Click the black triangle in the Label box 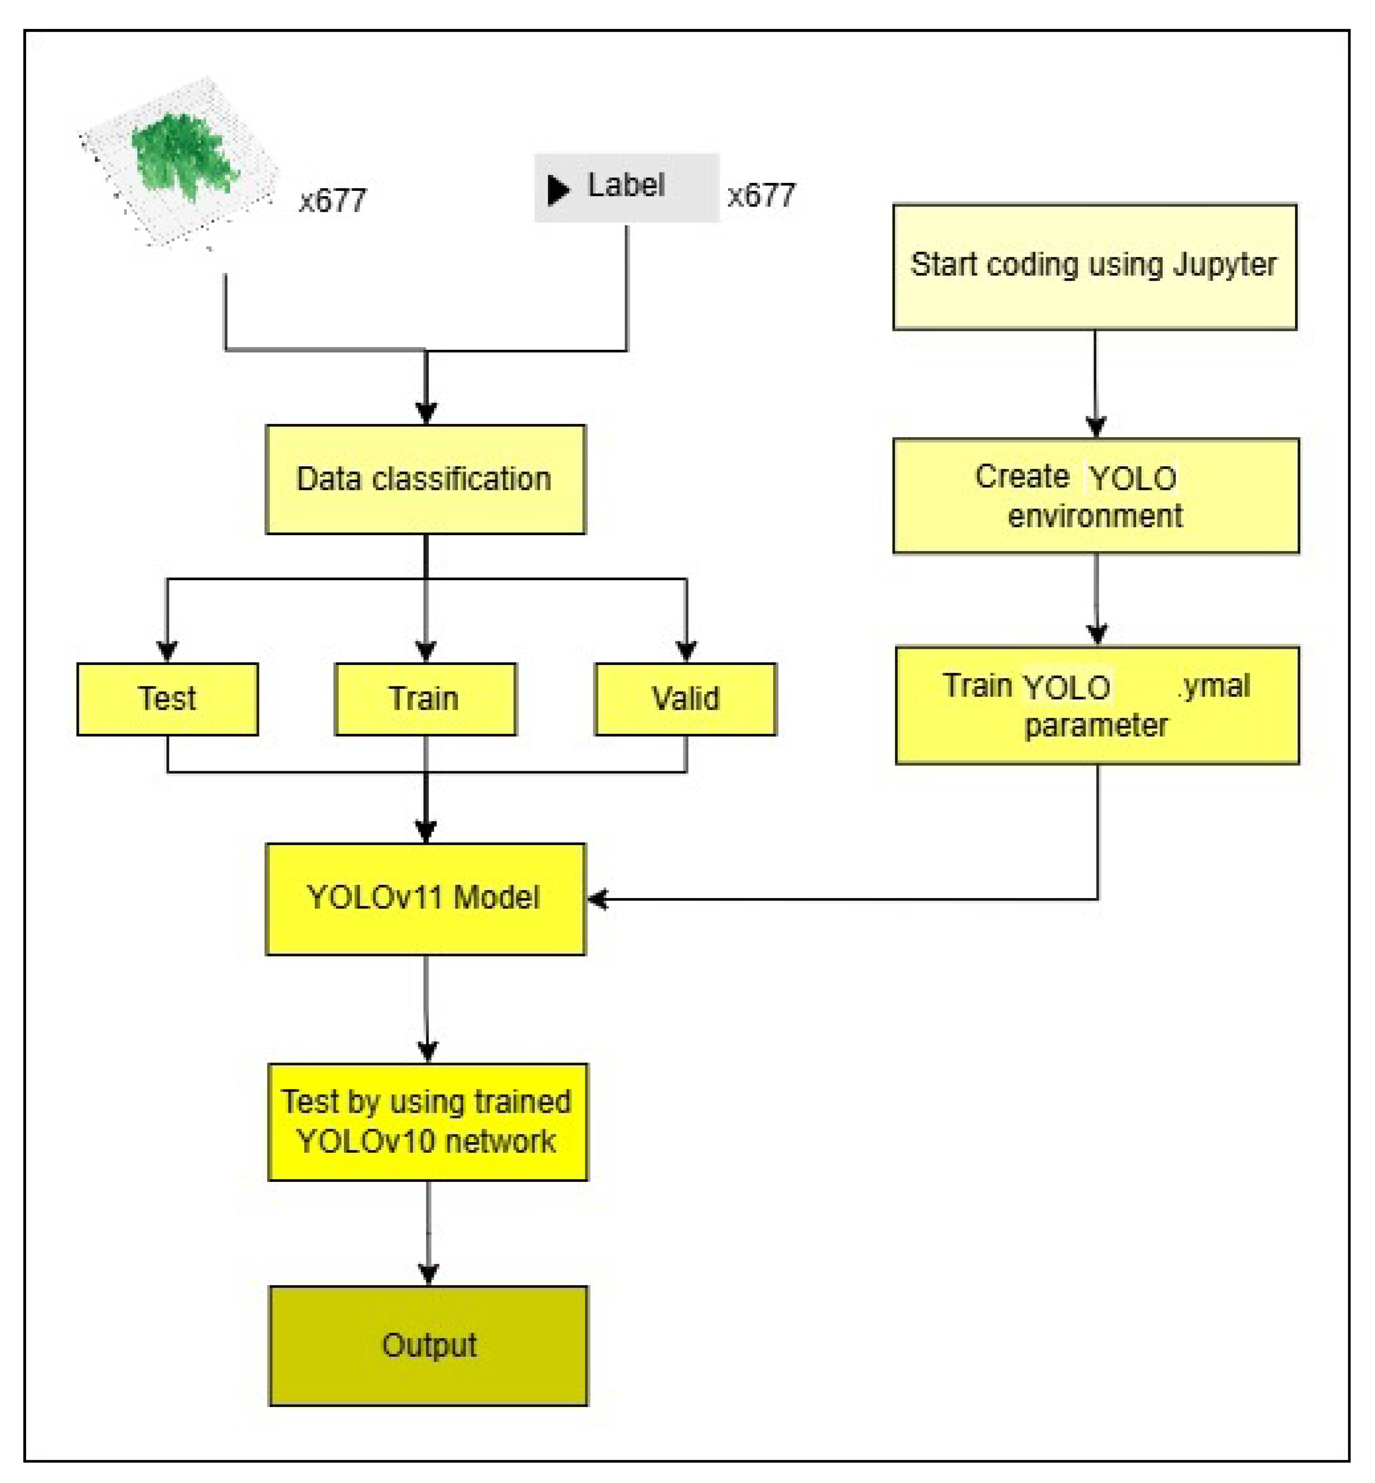(x=558, y=190)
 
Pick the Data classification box (x=426, y=479)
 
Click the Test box (x=167, y=699)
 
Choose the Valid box (x=685, y=699)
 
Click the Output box (x=429, y=1346)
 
